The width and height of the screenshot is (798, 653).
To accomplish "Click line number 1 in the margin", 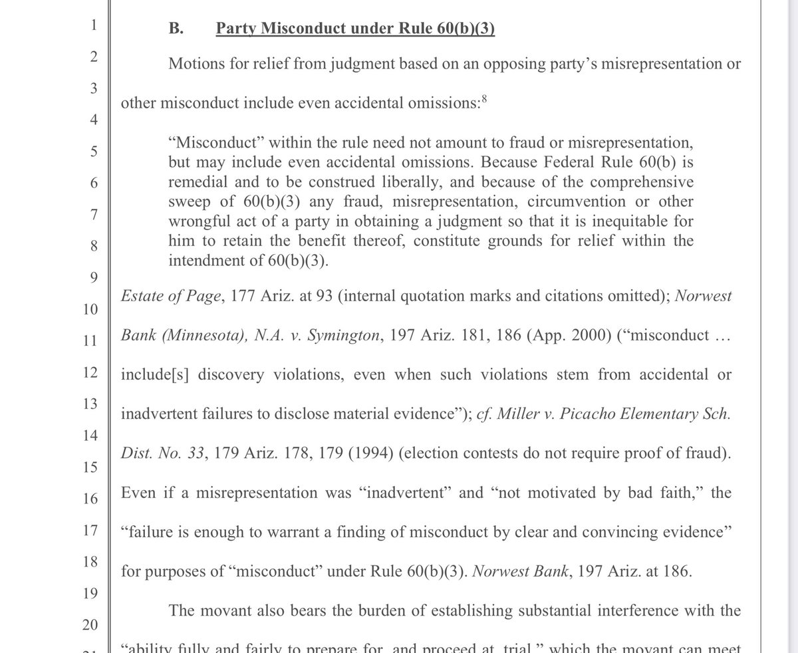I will tap(94, 26).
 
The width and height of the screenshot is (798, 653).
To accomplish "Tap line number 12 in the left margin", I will tap(92, 373).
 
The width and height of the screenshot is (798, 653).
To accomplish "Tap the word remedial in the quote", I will tap(197, 182).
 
